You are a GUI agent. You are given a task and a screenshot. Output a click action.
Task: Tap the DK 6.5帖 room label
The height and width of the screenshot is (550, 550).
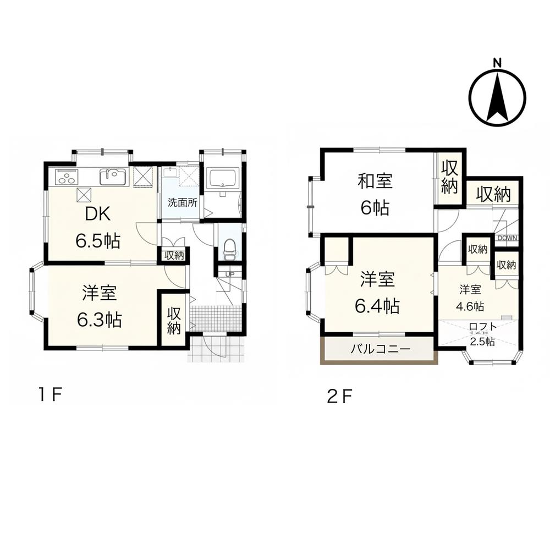coord(98,227)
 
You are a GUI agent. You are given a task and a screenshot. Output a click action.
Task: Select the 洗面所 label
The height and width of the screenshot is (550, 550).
coord(183,202)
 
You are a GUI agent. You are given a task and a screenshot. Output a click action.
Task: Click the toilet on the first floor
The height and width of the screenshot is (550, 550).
coord(230,249)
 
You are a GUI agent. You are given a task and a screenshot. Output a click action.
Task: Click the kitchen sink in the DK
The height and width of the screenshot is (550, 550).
coord(113,177)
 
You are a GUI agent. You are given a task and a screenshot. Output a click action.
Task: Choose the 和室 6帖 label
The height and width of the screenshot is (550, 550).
coord(375,195)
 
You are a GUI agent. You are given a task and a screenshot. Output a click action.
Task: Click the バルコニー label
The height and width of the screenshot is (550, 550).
coord(381,349)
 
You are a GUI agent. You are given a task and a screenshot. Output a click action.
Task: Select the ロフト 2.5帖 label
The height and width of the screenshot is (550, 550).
coord(483,334)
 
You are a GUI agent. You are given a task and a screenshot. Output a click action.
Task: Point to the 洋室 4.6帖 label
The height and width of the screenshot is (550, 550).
coord(470,298)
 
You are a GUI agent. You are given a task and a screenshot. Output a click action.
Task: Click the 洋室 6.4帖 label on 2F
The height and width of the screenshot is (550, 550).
coord(377,293)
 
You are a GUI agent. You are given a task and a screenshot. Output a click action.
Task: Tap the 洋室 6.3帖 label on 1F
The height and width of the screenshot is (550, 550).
coord(100,306)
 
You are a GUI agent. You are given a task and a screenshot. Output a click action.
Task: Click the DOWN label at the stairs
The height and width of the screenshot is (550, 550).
coord(507,238)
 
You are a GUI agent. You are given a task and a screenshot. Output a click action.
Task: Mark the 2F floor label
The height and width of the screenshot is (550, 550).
coord(339,397)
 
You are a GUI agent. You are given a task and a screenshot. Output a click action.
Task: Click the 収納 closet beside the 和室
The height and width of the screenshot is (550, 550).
coord(450,177)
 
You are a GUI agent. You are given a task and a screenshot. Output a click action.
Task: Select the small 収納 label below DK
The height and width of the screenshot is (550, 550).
coord(174,255)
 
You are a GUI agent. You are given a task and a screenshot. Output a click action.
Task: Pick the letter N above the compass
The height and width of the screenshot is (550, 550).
coord(497,63)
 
